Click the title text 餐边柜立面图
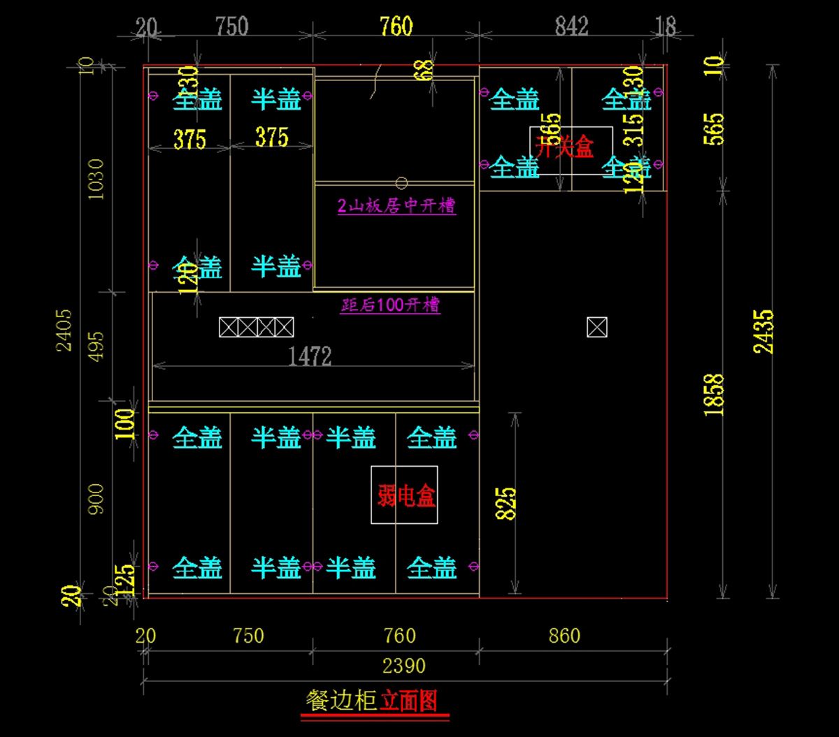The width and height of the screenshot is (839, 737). click(x=374, y=701)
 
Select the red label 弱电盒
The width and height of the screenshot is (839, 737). click(x=406, y=496)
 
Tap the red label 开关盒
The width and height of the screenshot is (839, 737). click(x=565, y=147)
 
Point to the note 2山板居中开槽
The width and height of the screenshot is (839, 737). click(x=396, y=206)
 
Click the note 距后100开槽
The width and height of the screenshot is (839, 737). click(x=390, y=305)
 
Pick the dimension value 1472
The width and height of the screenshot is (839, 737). click(x=310, y=357)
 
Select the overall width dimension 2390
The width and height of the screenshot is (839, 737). click(x=405, y=666)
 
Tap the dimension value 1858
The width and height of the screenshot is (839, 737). click(x=714, y=395)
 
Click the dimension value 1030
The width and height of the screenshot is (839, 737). click(x=96, y=179)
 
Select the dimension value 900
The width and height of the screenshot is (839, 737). click(x=96, y=499)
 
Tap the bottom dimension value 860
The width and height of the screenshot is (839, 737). click(x=564, y=636)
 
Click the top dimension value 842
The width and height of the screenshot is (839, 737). click(x=571, y=27)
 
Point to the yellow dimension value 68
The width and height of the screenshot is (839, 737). click(x=424, y=71)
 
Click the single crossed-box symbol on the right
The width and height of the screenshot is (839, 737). click(x=597, y=327)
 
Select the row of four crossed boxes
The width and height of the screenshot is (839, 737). click(x=256, y=327)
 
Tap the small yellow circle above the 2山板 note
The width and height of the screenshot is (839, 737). click(x=401, y=183)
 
